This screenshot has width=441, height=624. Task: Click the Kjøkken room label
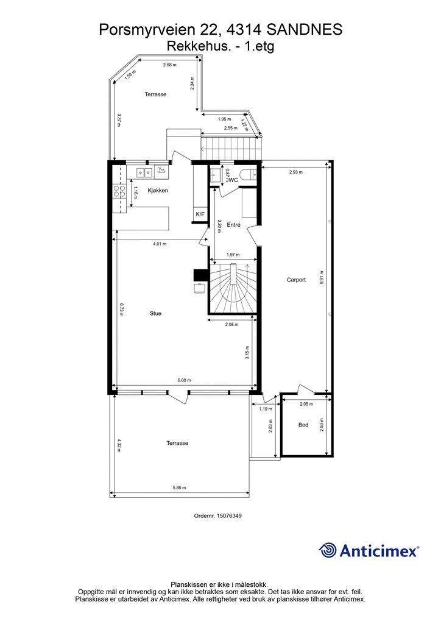pos(158,191)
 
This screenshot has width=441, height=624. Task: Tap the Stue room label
pos(155,314)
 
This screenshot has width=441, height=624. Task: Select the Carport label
pos(296,280)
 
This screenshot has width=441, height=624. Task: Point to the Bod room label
pos(303,425)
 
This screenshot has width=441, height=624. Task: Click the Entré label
pos(233,225)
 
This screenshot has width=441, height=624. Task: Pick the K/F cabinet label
pos(200,214)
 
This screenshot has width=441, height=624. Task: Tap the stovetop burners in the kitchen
pos(119,191)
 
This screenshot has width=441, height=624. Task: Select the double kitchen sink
pos(144,172)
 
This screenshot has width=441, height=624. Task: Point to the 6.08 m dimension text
pos(184,380)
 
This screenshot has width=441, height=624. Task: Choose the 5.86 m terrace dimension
pos(179,487)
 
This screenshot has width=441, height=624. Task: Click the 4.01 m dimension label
pos(160,244)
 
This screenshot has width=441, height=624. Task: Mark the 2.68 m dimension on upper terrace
pos(170,65)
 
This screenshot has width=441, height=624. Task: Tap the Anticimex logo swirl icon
pos(328,550)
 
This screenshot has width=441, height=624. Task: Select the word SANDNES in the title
pos(303,29)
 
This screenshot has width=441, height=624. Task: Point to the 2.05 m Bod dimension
pos(306,404)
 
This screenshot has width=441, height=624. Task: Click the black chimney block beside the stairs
pos(200,275)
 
